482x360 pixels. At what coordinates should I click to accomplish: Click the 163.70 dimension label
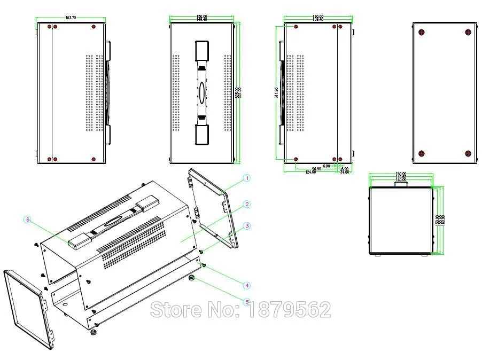pyautogui.click(x=71, y=18)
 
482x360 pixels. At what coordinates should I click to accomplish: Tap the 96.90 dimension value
pyautogui.click(x=316, y=169)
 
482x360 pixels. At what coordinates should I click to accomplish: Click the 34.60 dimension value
pyautogui.click(x=344, y=172)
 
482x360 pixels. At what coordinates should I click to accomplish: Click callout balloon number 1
pyautogui.click(x=246, y=178)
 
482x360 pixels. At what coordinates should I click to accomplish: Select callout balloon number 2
pyautogui.click(x=246, y=204)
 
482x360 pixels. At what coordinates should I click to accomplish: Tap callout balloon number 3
pyautogui.click(x=246, y=226)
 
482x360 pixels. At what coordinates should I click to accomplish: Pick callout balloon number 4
pyautogui.click(x=246, y=284)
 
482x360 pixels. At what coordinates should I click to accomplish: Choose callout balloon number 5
pyautogui.click(x=246, y=302)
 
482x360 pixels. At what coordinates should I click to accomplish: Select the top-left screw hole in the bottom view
pyautogui.click(x=422, y=32)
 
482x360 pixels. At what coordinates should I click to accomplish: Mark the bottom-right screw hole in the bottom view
pyautogui.click(x=468, y=153)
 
